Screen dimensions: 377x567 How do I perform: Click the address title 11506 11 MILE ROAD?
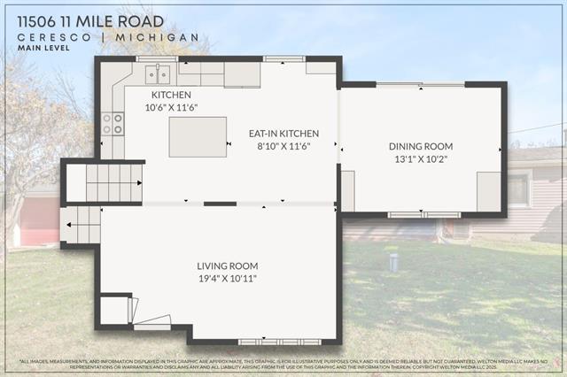point(90,21)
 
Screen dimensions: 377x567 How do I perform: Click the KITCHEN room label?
point(171,95)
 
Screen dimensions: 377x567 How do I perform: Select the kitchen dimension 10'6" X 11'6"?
point(172,107)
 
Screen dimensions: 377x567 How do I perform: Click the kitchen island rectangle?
point(198,136)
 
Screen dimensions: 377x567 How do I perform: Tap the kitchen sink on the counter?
point(157,73)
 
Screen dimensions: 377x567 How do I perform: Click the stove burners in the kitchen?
point(113,124)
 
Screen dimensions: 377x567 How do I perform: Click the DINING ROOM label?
point(421,146)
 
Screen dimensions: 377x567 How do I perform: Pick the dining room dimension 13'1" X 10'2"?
point(421,159)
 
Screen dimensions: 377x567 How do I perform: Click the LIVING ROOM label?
point(228,265)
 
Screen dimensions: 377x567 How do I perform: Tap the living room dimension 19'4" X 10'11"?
point(228,279)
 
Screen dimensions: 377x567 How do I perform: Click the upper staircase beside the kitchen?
point(113,182)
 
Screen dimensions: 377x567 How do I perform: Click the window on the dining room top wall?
point(420,85)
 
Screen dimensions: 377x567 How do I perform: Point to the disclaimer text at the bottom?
point(283,364)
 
